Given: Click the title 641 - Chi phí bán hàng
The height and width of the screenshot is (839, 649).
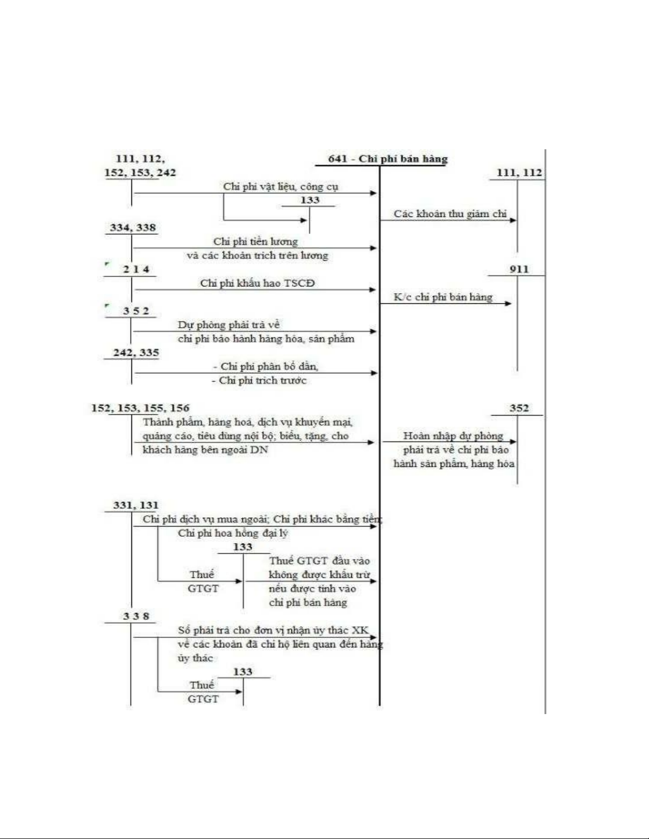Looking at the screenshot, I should (387, 159).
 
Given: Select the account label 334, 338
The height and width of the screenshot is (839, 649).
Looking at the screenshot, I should (133, 228).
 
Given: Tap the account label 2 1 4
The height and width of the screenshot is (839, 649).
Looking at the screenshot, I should (136, 269).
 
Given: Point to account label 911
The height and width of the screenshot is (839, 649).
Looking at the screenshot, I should (519, 269).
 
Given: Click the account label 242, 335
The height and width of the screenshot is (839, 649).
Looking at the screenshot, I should (136, 353).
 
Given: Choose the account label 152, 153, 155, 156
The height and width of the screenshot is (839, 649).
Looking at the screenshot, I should (140, 408).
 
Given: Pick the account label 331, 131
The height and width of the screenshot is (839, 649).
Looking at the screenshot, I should (136, 505).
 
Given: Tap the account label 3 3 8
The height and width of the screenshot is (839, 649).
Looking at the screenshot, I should (136, 616).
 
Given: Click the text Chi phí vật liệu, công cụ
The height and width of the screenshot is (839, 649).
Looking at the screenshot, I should (280, 186).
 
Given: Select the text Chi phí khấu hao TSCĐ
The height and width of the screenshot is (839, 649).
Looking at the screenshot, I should (257, 283).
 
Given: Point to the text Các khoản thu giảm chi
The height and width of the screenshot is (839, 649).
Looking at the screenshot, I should (450, 214).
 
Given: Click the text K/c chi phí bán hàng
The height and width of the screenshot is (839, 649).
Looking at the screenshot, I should (443, 297).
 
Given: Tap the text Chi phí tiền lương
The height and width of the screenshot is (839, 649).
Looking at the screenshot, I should (255, 242).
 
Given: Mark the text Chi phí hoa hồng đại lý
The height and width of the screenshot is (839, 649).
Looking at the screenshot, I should (233, 533).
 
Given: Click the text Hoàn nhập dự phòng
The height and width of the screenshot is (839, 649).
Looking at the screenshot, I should (453, 436).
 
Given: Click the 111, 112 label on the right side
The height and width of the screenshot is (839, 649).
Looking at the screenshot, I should (519, 173).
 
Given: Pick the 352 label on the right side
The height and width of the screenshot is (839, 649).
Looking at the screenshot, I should (519, 408).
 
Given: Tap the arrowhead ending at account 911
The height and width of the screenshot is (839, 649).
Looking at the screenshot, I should (509, 303).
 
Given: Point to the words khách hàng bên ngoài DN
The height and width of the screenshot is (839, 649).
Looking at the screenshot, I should (205, 450).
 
